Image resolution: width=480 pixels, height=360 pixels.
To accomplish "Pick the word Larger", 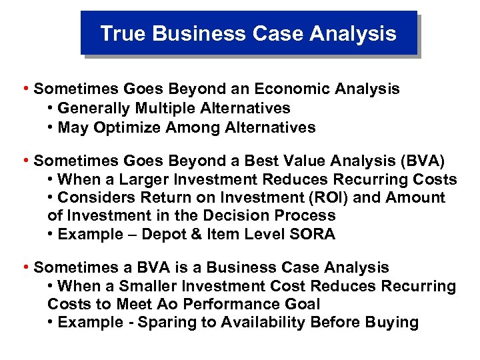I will pos(145,179).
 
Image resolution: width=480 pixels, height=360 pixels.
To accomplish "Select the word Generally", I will pos(93,108).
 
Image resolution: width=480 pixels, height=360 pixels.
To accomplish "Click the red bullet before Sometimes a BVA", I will pos(25,267).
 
